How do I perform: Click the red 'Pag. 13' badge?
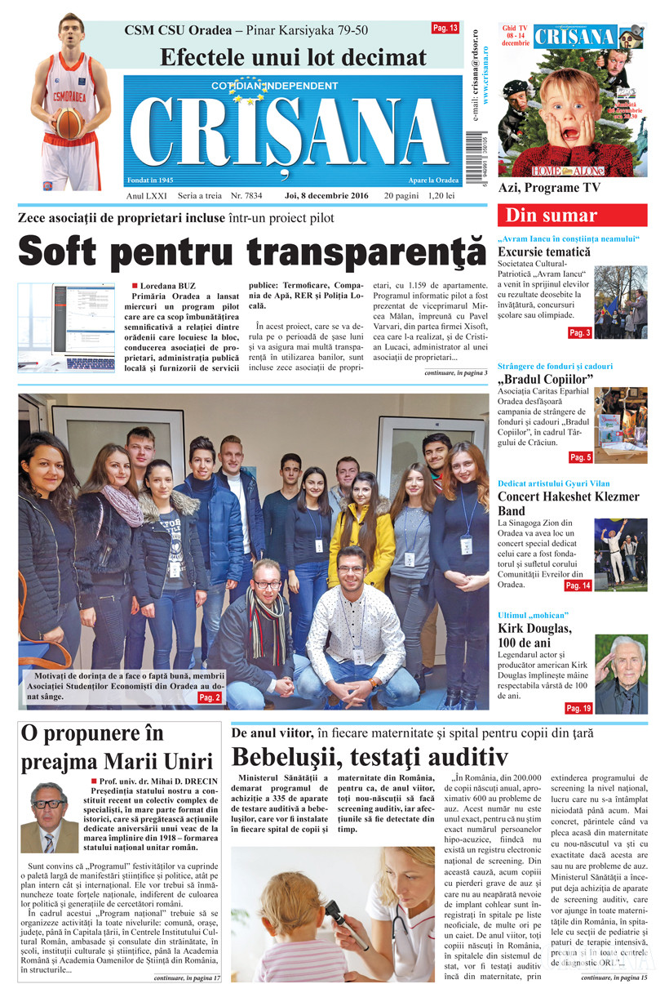tap(445, 29)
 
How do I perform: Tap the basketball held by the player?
tap(69, 123)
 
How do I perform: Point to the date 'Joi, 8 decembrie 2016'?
tap(326, 197)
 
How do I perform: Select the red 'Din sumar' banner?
tap(572, 216)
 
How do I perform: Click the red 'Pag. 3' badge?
tap(579, 333)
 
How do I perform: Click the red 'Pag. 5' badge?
tap(579, 457)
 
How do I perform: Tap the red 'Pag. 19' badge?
tap(578, 708)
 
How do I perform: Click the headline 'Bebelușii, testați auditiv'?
tap(370, 755)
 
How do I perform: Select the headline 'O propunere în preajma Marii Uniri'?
tap(115, 747)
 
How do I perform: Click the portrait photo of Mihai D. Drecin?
tap(49, 817)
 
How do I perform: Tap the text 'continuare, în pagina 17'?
tap(188, 977)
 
